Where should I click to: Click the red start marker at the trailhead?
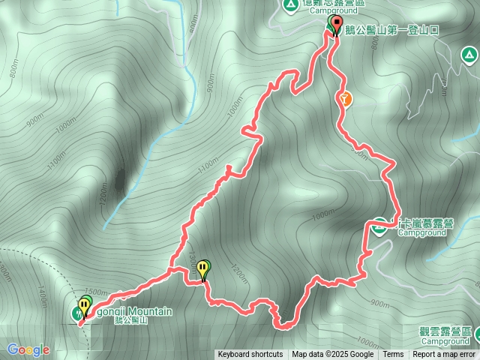coord(335,28)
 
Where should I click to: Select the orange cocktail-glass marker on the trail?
coord(344,97)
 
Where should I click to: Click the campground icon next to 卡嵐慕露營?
coord(380,224)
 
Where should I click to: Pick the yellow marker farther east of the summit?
coord(204,268)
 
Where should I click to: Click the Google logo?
coord(28,349)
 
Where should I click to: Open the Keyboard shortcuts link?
coord(250,355)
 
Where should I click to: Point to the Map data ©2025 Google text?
coord(333,355)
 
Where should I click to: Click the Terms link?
coord(393,355)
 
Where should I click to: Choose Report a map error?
coord(444,355)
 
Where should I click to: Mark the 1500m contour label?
coord(97,292)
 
